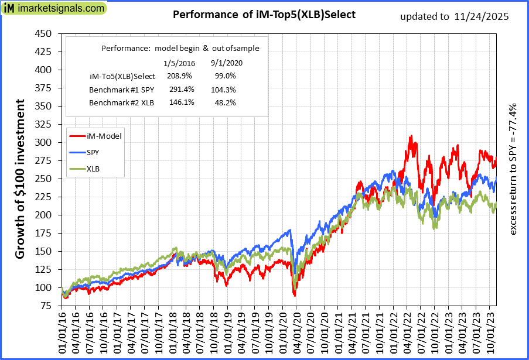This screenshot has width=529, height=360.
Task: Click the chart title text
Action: [264, 15]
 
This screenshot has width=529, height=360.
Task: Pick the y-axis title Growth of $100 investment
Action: [20, 179]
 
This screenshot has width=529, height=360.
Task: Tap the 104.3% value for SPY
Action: [223, 89]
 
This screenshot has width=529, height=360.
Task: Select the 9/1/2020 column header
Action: [226, 63]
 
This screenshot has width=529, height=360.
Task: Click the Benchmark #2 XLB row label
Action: [122, 102]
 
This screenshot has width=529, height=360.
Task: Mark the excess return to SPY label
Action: [514, 170]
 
